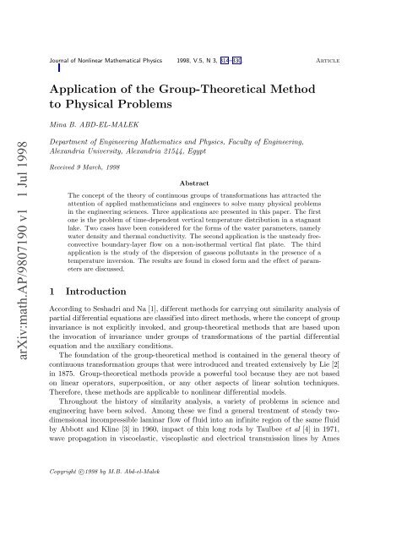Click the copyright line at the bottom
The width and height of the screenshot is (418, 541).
coord(104,515)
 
